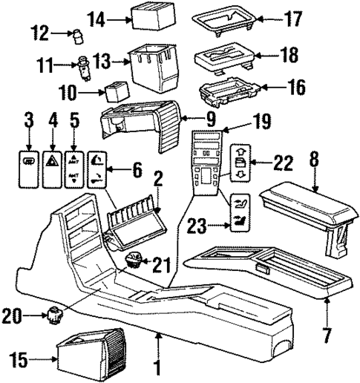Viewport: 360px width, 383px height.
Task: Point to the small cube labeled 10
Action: tap(114, 91)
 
